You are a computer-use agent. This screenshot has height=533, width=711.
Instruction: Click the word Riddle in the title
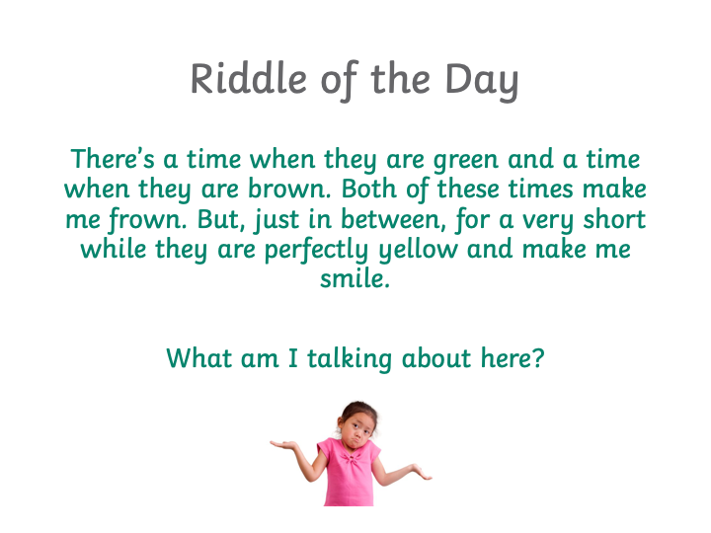point(249,78)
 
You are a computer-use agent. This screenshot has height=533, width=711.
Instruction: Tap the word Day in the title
point(482,82)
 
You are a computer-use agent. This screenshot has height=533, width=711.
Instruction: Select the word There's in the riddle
point(113,159)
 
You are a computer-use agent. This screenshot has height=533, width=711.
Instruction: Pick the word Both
point(369,189)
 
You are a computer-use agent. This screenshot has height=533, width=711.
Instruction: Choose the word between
point(390,219)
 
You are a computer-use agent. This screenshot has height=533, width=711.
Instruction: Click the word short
point(614,219)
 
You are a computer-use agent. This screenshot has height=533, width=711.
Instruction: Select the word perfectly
point(316,250)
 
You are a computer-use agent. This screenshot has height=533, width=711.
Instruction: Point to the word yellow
point(418,250)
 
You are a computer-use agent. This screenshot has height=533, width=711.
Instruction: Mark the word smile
point(355,278)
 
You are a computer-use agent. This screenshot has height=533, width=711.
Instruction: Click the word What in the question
point(199,358)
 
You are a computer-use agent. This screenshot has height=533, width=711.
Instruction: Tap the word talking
point(350,359)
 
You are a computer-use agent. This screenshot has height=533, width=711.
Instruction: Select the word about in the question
point(436,358)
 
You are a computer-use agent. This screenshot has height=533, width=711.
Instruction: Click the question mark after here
point(538,358)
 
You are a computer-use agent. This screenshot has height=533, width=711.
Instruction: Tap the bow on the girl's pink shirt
point(350,458)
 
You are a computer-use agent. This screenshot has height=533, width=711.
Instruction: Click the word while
point(114,250)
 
